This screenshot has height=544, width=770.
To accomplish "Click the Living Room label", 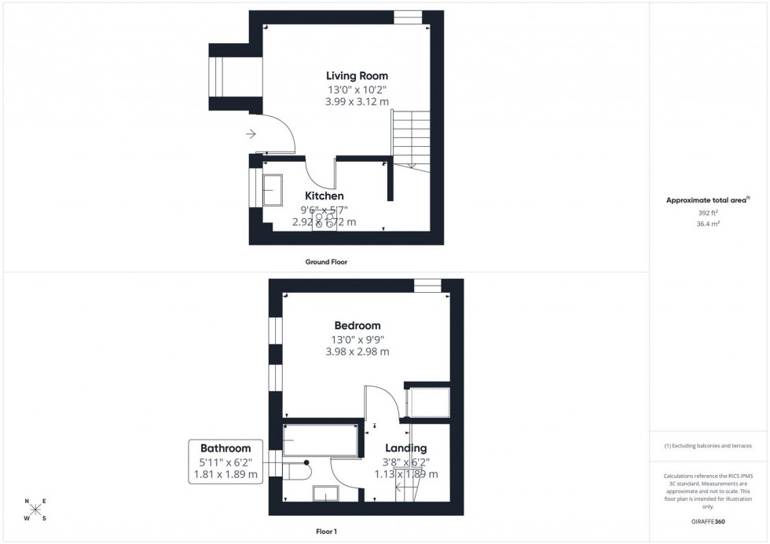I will coord(357,75).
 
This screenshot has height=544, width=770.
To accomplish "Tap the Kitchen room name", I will coord(324,195).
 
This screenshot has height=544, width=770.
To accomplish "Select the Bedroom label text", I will coord(357,325).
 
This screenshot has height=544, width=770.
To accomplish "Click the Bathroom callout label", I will coord(225,448).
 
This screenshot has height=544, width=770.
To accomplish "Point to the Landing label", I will coord(405,448).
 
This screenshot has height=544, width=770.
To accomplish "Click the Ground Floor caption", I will coord(325,262).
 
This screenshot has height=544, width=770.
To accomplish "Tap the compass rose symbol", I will coord(35,509).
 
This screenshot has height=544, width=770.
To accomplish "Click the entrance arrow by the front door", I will coord(251,134).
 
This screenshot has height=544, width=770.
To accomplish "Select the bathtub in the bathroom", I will coord(321,441).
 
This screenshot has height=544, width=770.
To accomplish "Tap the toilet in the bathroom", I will coord(298,471).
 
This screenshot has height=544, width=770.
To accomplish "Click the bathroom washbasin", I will coord(325,494).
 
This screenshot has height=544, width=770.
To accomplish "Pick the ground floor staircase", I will coord(411,138).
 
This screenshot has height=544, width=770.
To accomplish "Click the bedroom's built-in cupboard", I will coord(427,403).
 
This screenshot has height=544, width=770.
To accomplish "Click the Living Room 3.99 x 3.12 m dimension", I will coord(357,102).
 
